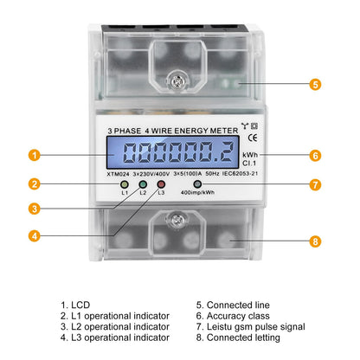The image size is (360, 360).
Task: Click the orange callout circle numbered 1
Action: (x=35, y=155)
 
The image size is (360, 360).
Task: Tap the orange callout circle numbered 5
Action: (x=315, y=84)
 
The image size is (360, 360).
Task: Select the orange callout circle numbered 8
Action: (x=315, y=241)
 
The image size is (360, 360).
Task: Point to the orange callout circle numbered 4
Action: (x=35, y=236)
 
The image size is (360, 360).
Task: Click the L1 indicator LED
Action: (x=125, y=184)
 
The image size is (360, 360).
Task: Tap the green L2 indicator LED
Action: (x=143, y=184)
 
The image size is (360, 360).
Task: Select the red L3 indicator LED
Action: (x=161, y=184)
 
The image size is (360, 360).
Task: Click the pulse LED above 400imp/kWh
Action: (x=197, y=184)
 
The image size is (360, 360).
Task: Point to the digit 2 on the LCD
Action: (x=225, y=152)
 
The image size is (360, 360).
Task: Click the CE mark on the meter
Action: (x=253, y=138)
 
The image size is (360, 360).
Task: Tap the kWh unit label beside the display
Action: (x=250, y=155)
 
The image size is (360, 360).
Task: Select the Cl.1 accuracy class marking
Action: (x=249, y=164)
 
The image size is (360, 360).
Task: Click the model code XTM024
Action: (x=118, y=174)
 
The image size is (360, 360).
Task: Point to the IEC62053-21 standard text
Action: (x=240, y=174)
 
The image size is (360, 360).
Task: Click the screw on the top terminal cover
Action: (x=177, y=81)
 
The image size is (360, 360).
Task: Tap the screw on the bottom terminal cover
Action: (x=177, y=221)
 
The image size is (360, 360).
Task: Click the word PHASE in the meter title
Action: (x=127, y=131)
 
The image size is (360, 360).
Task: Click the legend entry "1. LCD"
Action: (x=75, y=305)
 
